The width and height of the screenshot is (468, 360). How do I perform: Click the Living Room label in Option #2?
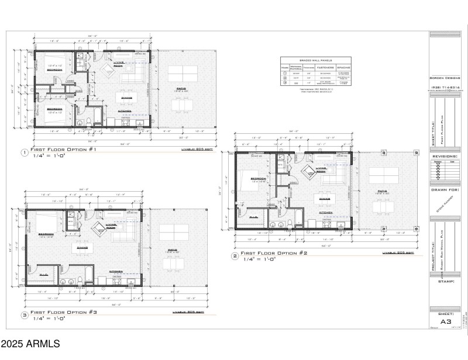tap(321, 169)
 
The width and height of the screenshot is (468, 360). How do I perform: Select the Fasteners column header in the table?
tap(325, 68)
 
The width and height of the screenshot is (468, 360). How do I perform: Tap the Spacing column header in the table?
tap(344, 68)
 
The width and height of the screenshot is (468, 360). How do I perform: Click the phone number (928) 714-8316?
tap(447, 88)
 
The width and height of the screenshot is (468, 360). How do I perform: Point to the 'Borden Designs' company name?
tap(447, 78)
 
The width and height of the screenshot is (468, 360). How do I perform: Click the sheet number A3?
tap(446, 320)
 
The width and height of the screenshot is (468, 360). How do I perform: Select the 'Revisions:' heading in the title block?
tap(446, 157)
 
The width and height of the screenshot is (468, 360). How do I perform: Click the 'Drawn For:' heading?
tap(446, 189)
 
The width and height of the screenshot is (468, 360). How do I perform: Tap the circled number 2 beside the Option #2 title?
tap(235, 256)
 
